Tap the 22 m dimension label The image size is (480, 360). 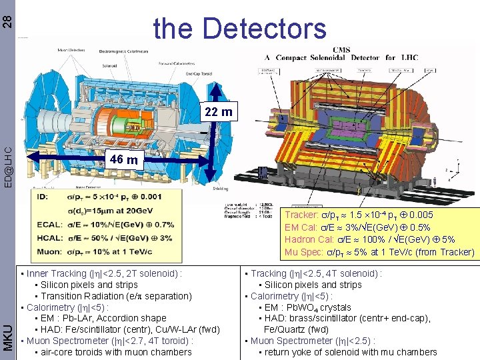click(x=218, y=112)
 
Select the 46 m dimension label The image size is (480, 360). click(x=124, y=160)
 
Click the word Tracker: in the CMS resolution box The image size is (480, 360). click(x=302, y=215)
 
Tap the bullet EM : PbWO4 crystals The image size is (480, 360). click(x=307, y=307)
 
